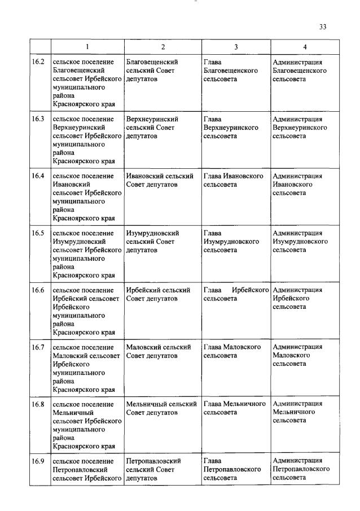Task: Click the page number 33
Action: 323,27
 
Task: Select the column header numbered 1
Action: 87,47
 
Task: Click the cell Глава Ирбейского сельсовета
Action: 235,294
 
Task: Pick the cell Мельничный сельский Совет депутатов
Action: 161,408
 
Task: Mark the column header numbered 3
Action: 235,47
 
